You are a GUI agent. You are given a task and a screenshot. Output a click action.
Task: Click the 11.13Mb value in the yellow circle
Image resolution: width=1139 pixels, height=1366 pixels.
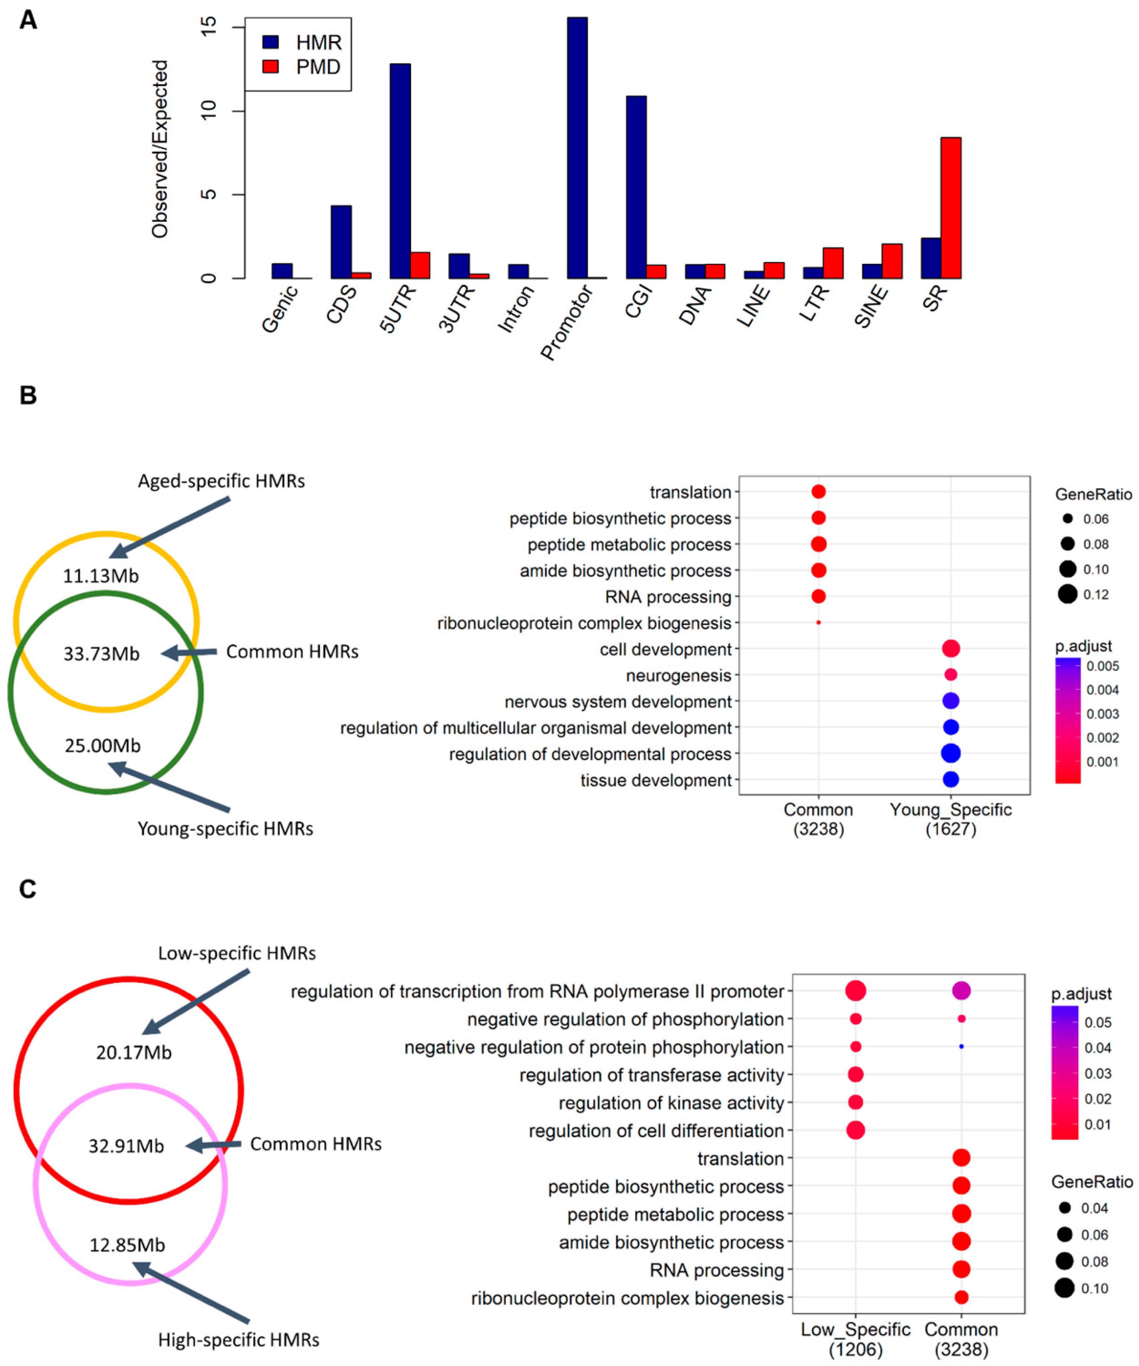pyautogui.click(x=101, y=576)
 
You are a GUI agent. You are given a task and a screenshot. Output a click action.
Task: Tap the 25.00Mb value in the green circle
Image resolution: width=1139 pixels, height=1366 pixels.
pyautogui.click(x=103, y=746)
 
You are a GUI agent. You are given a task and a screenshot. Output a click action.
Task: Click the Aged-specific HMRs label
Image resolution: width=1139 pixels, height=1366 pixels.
pyautogui.click(x=221, y=481)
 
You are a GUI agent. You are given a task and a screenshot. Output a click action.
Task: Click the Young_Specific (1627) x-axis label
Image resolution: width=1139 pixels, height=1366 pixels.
pyautogui.click(x=950, y=819)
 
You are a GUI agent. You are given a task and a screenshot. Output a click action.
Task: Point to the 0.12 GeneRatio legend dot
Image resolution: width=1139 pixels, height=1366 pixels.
pyautogui.click(x=1067, y=594)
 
